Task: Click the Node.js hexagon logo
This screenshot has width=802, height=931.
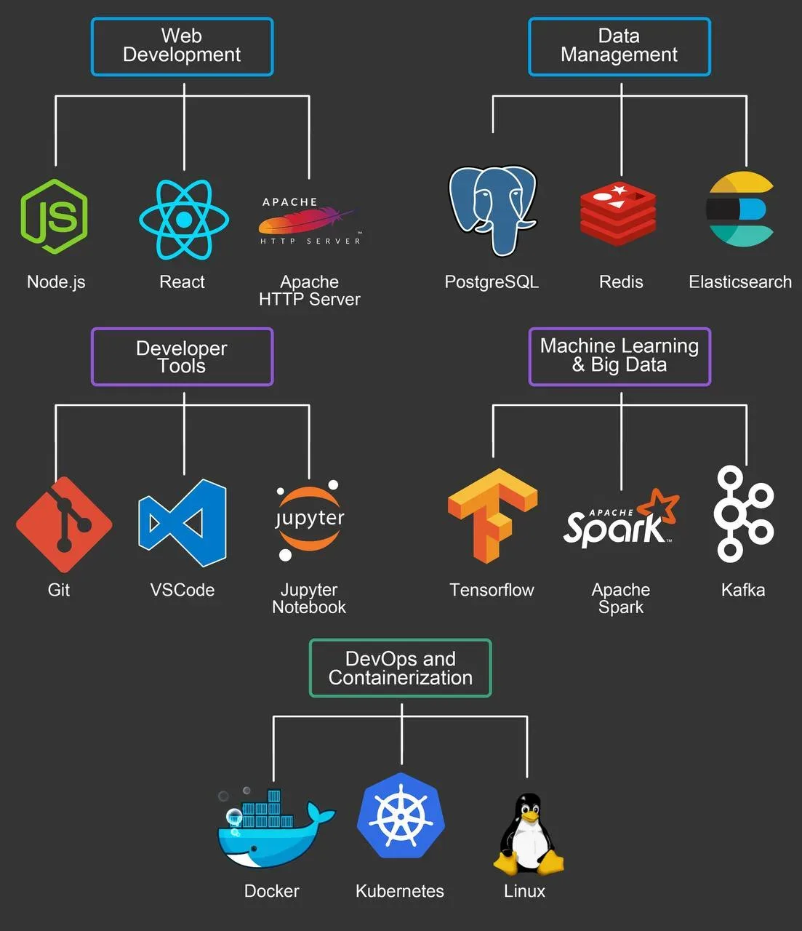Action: [x=55, y=216]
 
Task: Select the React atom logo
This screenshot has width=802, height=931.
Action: [x=184, y=219]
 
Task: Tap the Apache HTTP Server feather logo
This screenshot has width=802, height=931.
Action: [x=310, y=220]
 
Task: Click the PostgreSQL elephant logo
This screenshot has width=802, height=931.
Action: [x=492, y=210]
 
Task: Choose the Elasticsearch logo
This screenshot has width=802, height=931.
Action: [x=740, y=209]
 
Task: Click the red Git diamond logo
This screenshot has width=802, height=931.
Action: [x=64, y=524]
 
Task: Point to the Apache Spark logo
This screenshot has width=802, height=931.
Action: [x=620, y=519]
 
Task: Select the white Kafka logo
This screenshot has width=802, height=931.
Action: [x=743, y=514]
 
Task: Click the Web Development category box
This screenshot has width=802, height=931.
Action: [x=182, y=47]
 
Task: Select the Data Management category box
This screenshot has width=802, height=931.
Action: [x=619, y=47]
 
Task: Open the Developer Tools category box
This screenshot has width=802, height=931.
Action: [x=182, y=356]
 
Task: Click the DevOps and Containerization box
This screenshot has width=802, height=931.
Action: [x=401, y=668]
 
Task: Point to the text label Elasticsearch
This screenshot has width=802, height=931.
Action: [x=740, y=282]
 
